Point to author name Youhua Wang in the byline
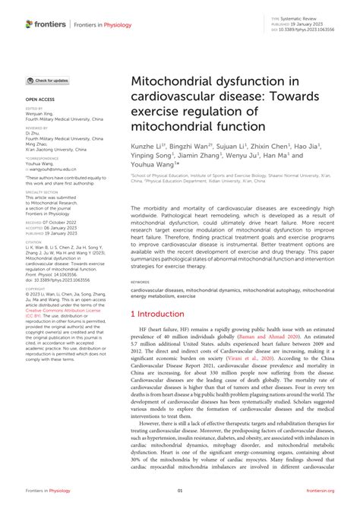154,163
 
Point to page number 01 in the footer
180,492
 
